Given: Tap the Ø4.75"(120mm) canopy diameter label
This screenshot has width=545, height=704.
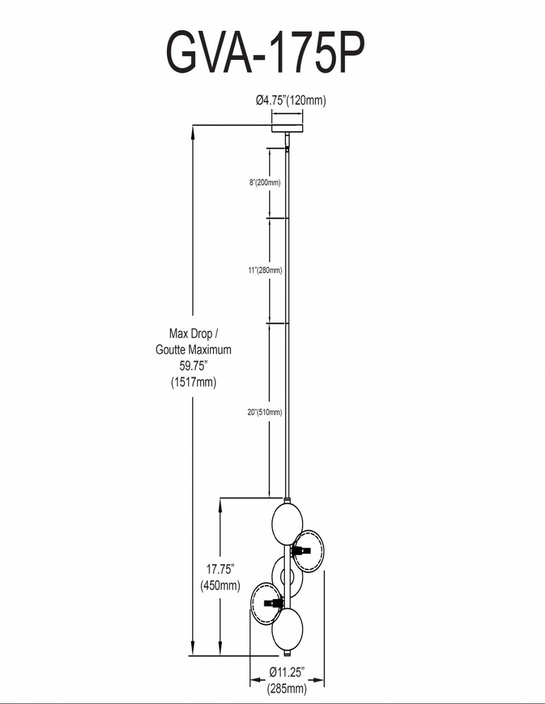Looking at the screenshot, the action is coord(291,100).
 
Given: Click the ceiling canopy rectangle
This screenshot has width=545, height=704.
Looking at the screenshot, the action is coord(287,128).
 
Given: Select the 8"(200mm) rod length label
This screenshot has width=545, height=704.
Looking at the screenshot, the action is coord(265,182).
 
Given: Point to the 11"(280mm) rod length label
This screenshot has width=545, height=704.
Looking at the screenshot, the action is coord(265,270).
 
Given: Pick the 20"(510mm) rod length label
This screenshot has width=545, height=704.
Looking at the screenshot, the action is coord(265,412).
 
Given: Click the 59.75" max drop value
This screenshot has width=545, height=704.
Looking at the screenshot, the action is coord(193,365).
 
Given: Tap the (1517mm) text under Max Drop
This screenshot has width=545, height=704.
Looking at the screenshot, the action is coord(193,382).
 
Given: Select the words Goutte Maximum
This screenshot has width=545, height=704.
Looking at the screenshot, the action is coord(193,349).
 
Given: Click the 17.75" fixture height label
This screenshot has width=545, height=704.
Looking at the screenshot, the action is coord(220,570).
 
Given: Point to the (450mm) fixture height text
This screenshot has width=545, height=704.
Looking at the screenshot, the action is coord(220,586).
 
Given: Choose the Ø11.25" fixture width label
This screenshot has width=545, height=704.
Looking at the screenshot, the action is coord(287,672).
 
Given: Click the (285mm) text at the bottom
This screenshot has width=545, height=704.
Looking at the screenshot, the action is coord(287,688).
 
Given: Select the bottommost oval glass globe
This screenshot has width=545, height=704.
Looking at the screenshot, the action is coord(288,629).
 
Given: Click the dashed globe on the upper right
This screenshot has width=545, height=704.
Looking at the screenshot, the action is coord(309,551).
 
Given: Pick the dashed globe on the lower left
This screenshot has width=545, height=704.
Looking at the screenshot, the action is coord(267,603).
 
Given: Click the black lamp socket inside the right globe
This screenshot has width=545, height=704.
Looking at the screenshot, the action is coord(301,551).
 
